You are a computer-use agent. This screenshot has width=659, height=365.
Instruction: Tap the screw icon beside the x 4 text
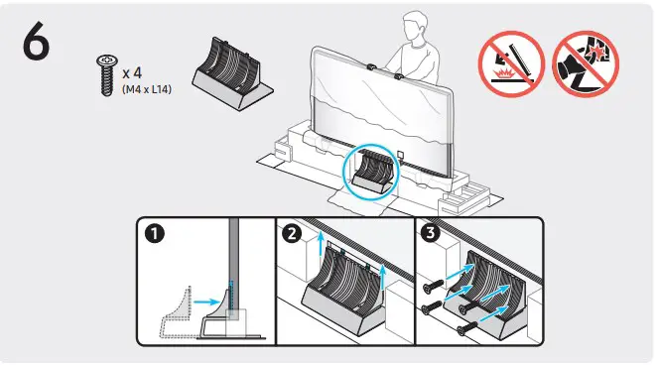click(104, 76)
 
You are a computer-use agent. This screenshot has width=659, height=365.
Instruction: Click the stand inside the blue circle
click(373, 175)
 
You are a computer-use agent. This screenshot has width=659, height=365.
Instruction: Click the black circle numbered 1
click(154, 238)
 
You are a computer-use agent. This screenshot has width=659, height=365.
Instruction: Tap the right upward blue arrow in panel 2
click(384, 282)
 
